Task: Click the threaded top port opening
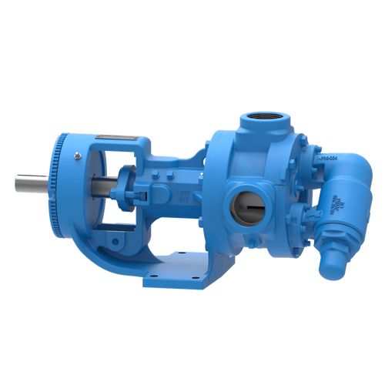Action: click(260, 121)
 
